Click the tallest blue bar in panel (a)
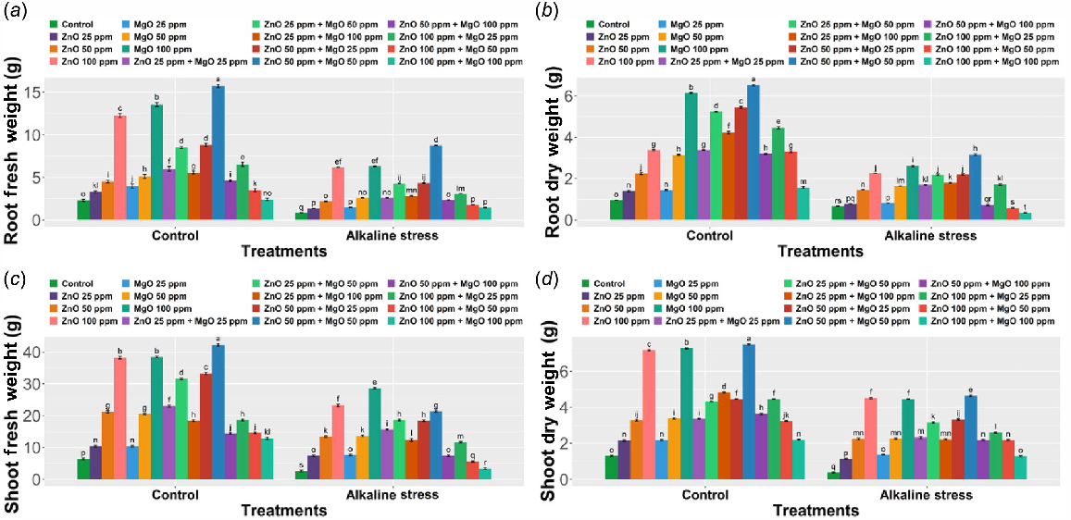click(x=218, y=153)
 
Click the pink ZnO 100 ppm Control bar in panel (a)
click(x=120, y=167)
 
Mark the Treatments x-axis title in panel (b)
click(x=821, y=251)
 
